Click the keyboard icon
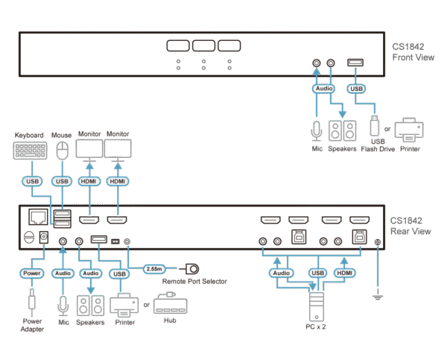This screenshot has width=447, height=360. (28, 151)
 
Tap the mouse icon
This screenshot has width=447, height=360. (63, 150)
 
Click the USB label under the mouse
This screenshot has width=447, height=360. (63, 181)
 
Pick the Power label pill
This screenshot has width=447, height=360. (32, 274)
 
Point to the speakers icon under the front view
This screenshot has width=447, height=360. (342, 131)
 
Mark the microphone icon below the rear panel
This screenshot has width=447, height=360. (63, 306)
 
